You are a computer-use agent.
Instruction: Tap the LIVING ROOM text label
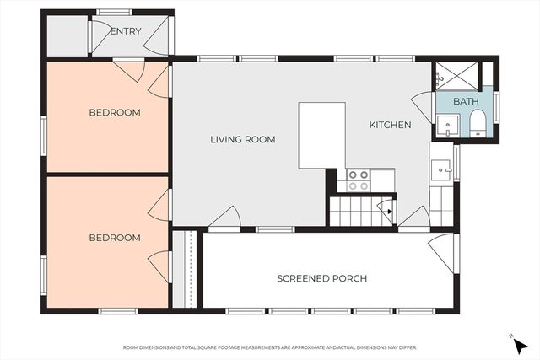tap(243, 139)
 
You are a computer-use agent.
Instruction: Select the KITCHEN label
tap(390, 125)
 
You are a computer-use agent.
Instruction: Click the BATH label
tap(466, 102)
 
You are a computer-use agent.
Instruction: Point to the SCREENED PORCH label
tap(322, 278)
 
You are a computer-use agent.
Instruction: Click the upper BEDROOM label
tap(115, 112)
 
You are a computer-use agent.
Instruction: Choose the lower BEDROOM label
tap(115, 238)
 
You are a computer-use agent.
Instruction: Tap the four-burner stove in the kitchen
tap(359, 180)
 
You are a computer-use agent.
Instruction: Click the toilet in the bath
tap(477, 124)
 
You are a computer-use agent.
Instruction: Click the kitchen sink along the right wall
tap(440, 171)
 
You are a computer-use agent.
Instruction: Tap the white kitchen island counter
tap(321, 135)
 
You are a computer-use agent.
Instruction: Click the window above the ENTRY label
tap(114, 12)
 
